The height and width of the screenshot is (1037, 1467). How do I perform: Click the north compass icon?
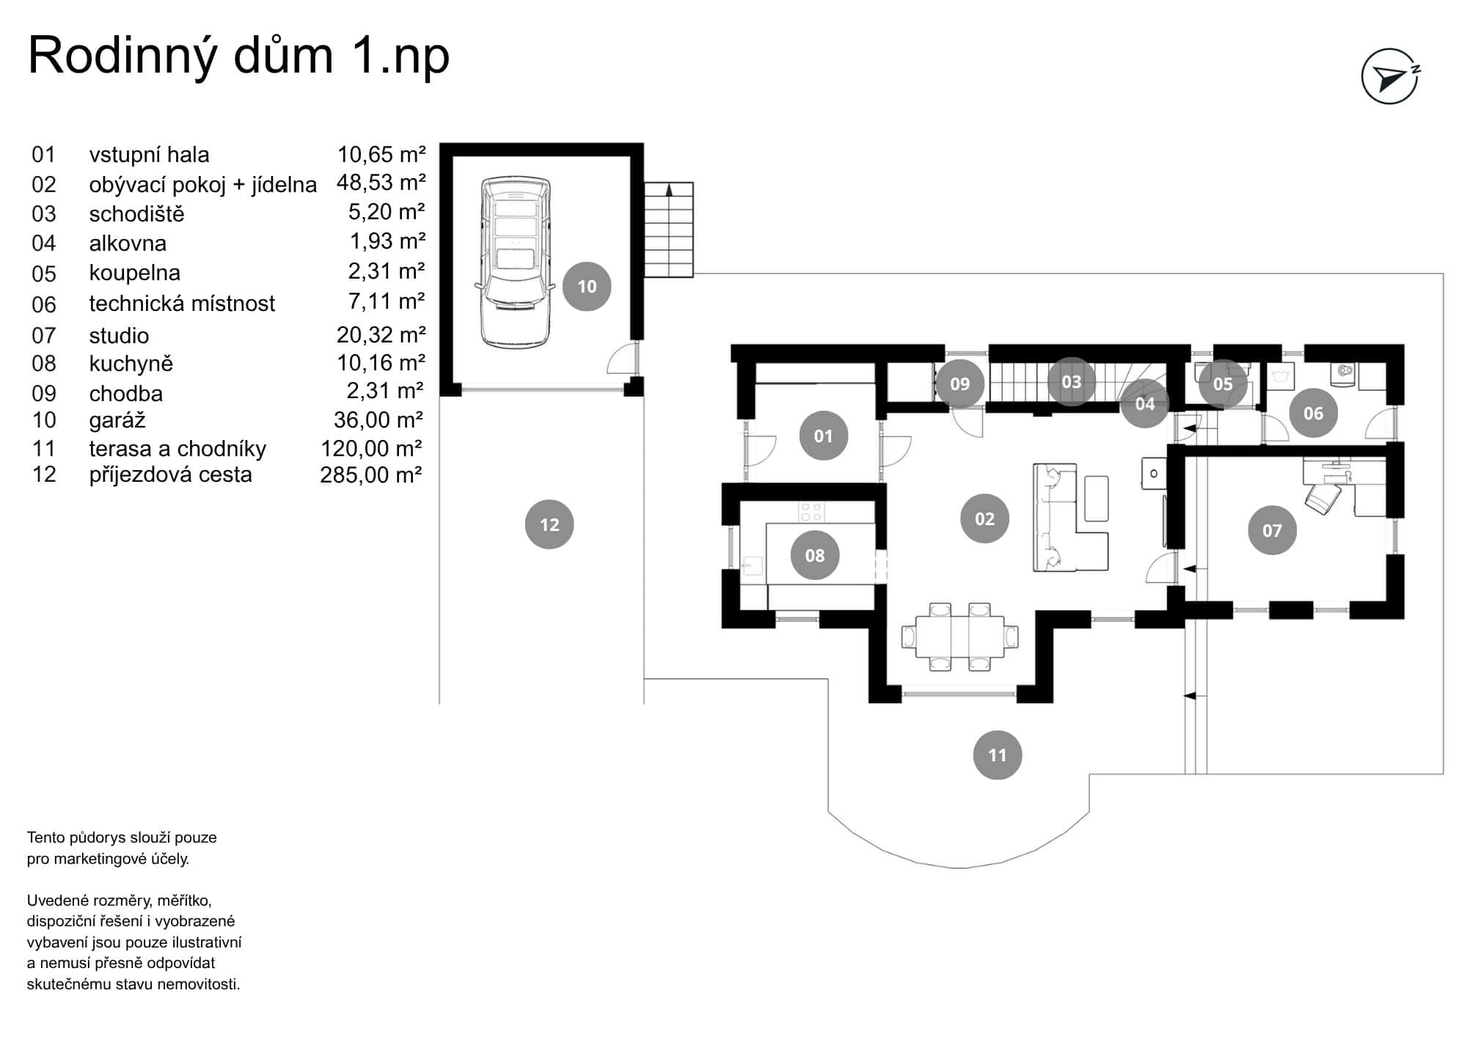(x=1390, y=77)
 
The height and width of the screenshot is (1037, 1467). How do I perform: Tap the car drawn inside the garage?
(x=515, y=262)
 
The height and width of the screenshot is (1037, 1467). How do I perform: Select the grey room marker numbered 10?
(x=587, y=287)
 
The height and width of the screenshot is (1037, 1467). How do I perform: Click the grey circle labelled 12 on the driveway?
(x=549, y=524)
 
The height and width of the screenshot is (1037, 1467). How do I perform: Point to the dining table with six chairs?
(x=959, y=636)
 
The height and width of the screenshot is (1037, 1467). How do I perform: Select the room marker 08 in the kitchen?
(x=815, y=555)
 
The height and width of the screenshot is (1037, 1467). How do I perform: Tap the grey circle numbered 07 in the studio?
(x=1272, y=530)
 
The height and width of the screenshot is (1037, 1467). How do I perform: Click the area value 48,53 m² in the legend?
(x=381, y=183)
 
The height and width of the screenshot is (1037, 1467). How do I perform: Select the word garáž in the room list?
(x=117, y=420)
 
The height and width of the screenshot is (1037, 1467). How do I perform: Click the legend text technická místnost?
(x=182, y=304)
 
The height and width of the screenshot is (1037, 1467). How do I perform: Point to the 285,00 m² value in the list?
(x=371, y=475)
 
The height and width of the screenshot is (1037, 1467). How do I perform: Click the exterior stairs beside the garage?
(x=669, y=230)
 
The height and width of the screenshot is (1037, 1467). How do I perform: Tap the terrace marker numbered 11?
(x=997, y=755)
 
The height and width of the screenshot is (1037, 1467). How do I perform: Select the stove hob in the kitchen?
(x=811, y=511)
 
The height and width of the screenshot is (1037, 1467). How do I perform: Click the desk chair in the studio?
(x=1323, y=500)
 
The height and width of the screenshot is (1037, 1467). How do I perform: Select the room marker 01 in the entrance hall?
(x=823, y=436)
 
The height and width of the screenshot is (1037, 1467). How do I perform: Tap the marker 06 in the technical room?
(x=1313, y=413)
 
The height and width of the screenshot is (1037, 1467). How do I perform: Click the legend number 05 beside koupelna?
(x=44, y=274)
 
